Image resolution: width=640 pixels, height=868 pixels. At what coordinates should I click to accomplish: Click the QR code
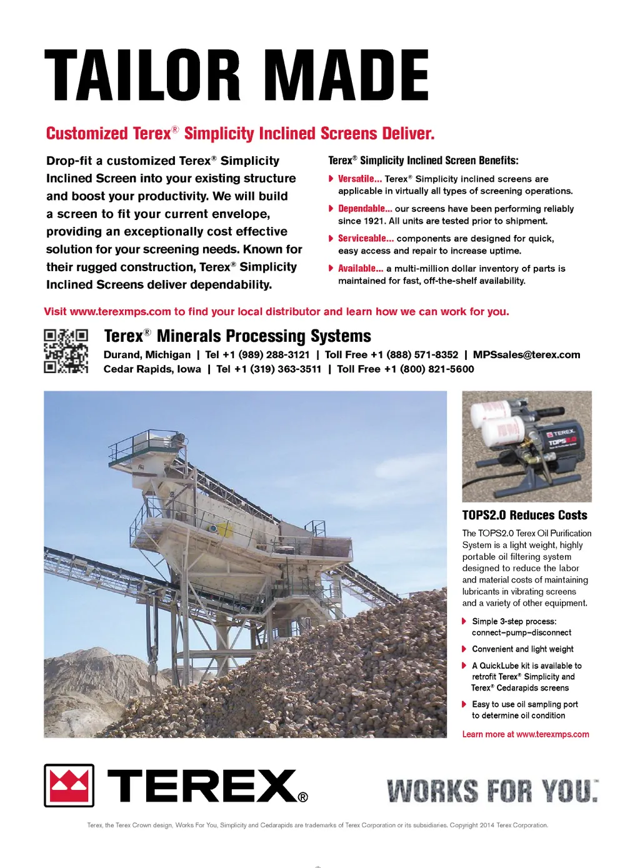click(x=66, y=351)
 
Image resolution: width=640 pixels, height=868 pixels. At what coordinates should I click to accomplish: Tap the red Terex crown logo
click(x=69, y=786)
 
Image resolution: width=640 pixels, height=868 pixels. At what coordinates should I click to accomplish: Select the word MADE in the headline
click(x=350, y=76)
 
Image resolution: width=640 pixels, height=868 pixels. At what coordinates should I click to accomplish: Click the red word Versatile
click(x=359, y=179)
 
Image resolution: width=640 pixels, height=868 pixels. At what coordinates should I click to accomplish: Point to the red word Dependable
click(x=364, y=209)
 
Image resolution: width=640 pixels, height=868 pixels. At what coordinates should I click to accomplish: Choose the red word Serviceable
click(x=366, y=238)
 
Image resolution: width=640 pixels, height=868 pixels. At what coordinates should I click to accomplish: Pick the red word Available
click(x=360, y=268)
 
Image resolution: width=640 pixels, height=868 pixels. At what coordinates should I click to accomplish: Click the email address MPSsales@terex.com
click(x=526, y=355)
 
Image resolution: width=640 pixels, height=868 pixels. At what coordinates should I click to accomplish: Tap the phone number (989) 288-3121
click(x=274, y=355)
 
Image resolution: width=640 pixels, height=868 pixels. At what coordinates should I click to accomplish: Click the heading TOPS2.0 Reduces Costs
click(x=524, y=516)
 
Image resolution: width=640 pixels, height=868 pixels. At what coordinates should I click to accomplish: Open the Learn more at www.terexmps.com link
click(x=525, y=734)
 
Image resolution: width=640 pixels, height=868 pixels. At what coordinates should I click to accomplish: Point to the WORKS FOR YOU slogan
click(x=492, y=791)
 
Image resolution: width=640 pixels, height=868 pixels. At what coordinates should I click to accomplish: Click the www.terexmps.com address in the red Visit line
click(x=120, y=312)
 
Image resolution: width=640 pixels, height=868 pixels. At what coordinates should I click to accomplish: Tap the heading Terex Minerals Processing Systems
click(x=237, y=336)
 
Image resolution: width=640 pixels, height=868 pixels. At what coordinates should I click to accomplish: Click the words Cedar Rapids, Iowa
click(x=152, y=369)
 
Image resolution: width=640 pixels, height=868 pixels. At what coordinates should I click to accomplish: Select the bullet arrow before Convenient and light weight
click(x=464, y=649)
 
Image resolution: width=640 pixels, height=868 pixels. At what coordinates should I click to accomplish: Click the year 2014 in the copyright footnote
click(x=487, y=826)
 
